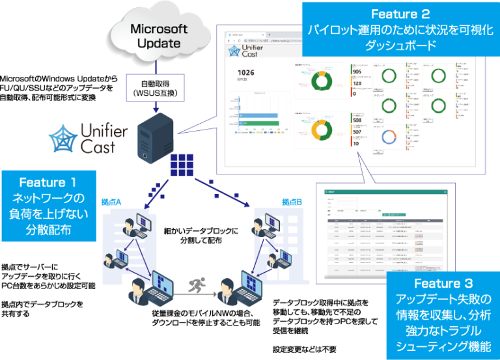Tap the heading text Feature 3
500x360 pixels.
(443, 283)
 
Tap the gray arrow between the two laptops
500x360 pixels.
(195, 295)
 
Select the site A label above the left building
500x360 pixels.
(110, 199)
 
